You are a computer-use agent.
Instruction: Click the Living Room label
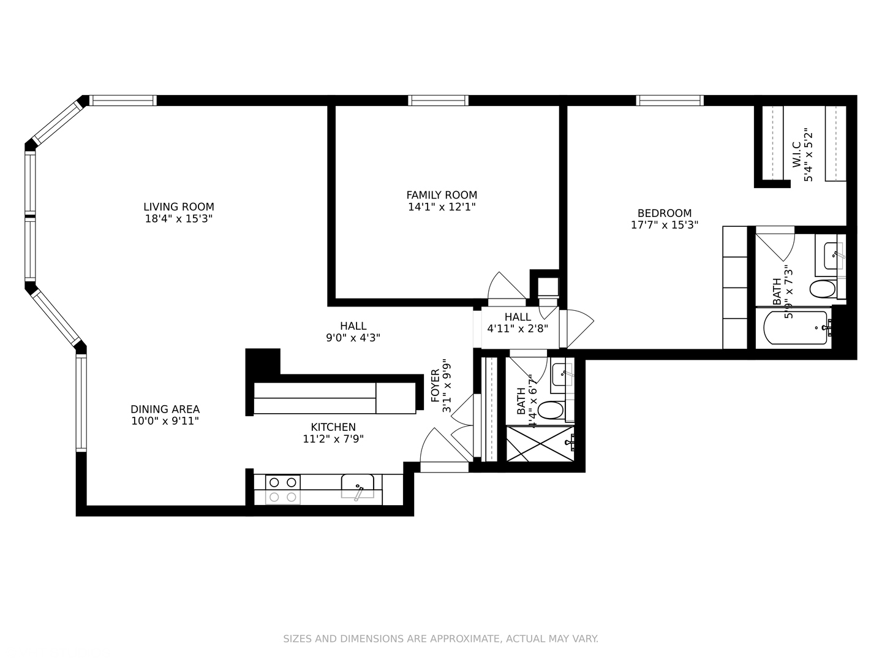coord(178,207)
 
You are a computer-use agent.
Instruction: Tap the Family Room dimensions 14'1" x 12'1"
coord(441,207)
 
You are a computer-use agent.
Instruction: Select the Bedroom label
coord(664,213)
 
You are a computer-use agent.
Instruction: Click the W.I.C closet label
coord(796,154)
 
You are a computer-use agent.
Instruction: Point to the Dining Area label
coord(165,409)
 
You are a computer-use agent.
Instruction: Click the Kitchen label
coord(333,427)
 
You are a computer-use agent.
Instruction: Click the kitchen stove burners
coord(282,490)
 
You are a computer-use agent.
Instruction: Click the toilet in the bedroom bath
coord(823,289)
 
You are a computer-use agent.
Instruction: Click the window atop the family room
coord(439,101)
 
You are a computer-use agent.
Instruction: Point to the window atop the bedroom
coord(669,101)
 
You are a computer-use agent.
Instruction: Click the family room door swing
coord(505,287)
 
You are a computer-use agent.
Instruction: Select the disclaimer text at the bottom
coord(440,639)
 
